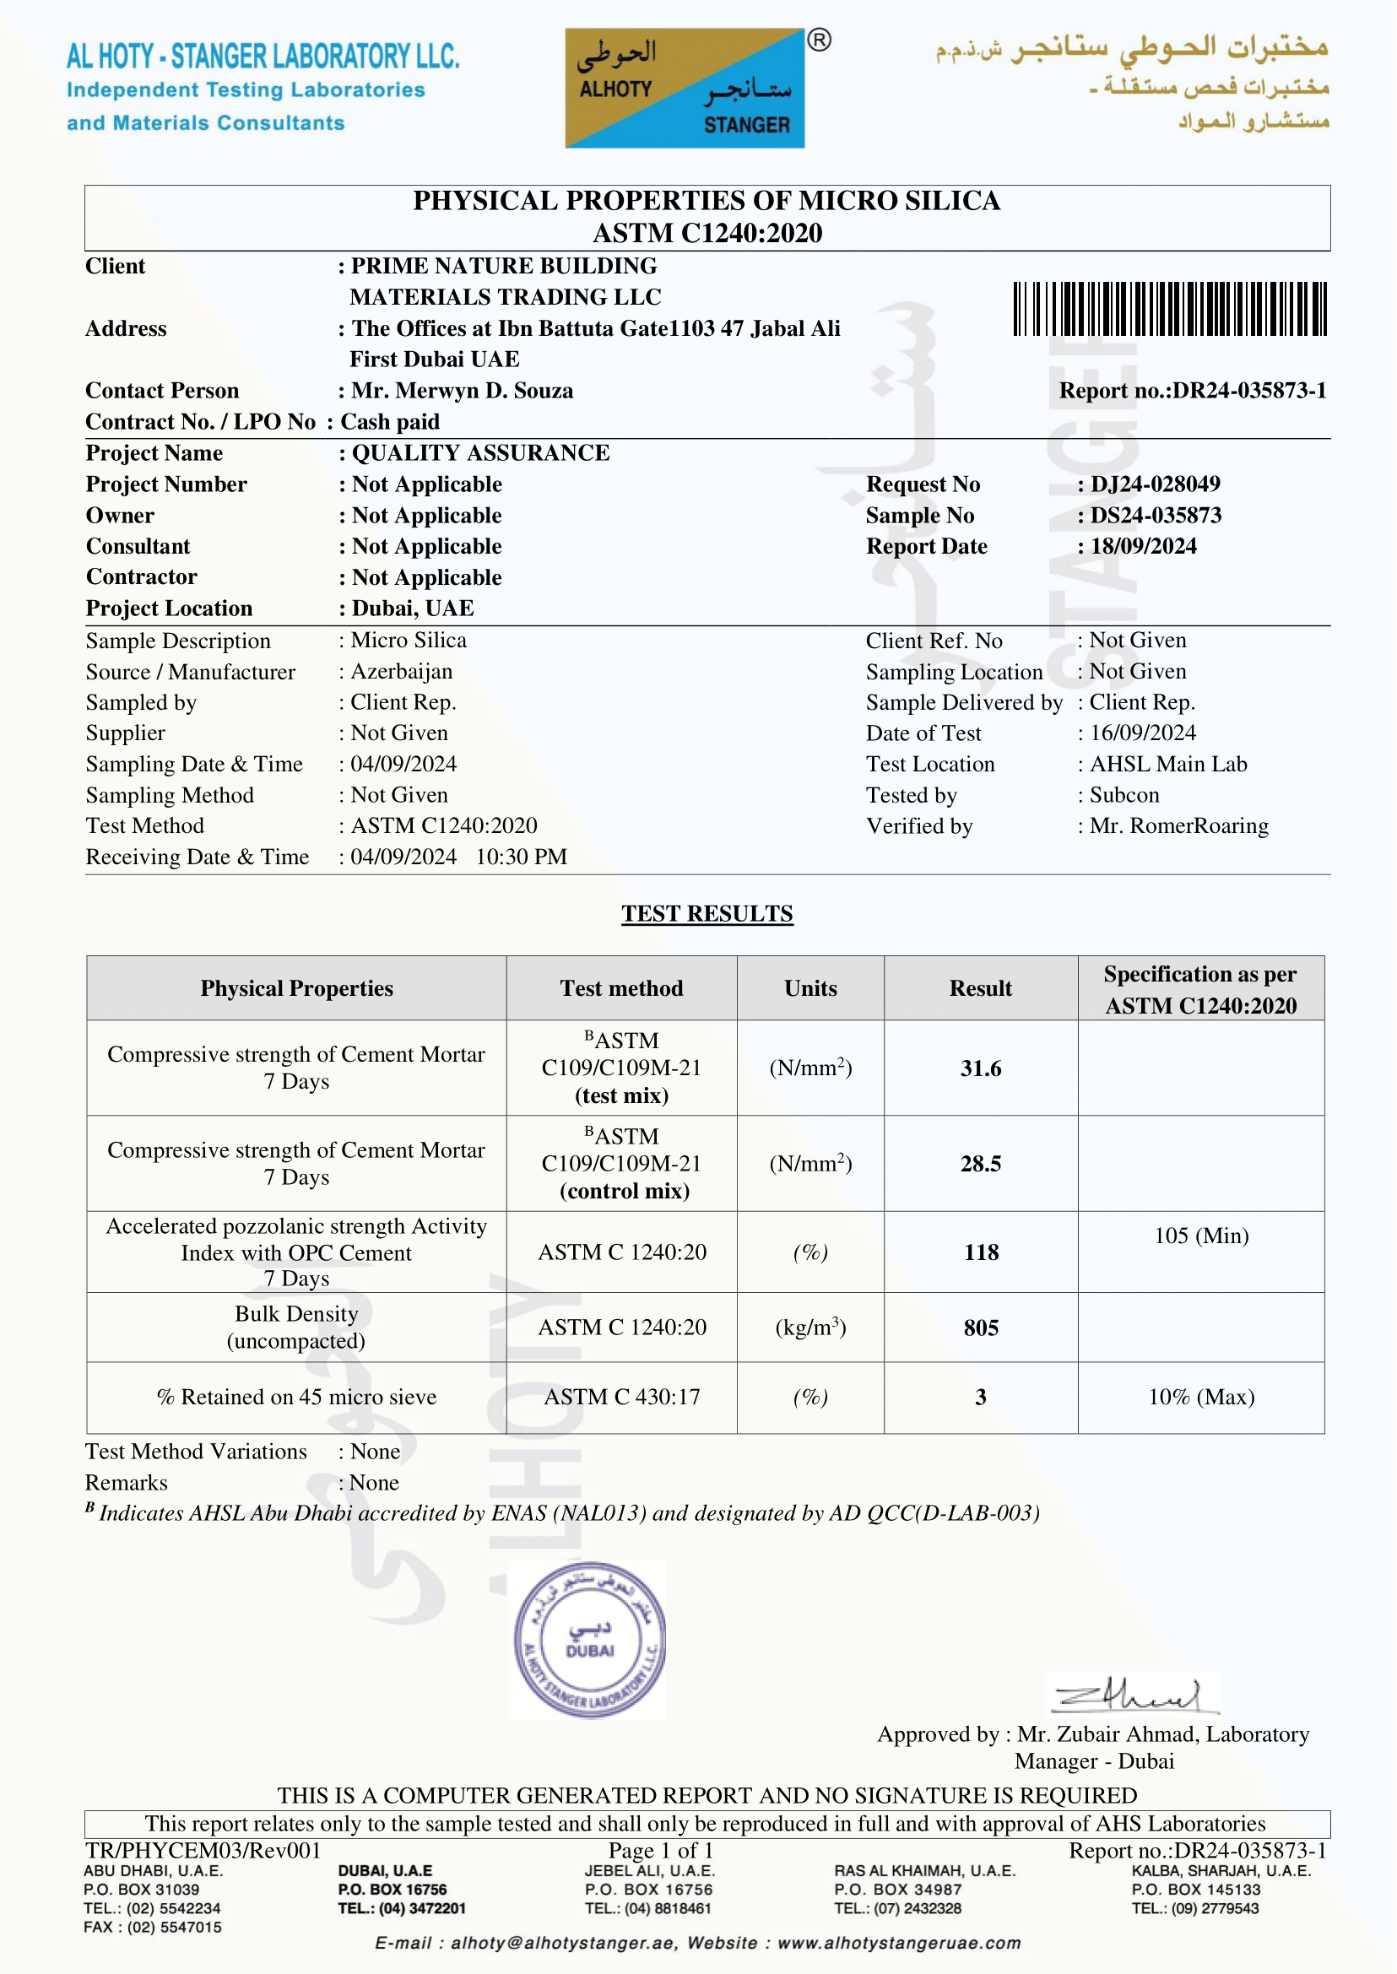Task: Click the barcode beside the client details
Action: [1169, 308]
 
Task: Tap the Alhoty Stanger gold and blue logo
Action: [685, 89]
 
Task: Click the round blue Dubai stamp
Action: [589, 1640]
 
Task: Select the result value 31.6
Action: [980, 1068]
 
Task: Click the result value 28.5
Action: [980, 1164]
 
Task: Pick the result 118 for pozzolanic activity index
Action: [980, 1252]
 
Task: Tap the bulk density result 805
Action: [980, 1328]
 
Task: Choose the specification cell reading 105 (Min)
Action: [1201, 1236]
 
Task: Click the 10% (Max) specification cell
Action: [1201, 1397]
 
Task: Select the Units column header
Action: [810, 988]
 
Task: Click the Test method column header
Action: [621, 988]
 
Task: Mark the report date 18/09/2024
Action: [1143, 546]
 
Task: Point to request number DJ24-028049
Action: [1155, 484]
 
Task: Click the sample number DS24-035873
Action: [1156, 515]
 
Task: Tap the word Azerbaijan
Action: [401, 672]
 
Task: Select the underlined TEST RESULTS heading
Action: [707, 913]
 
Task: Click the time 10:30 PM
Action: [522, 857]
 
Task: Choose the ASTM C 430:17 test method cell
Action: [621, 1397]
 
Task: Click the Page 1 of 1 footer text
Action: [661, 1850]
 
